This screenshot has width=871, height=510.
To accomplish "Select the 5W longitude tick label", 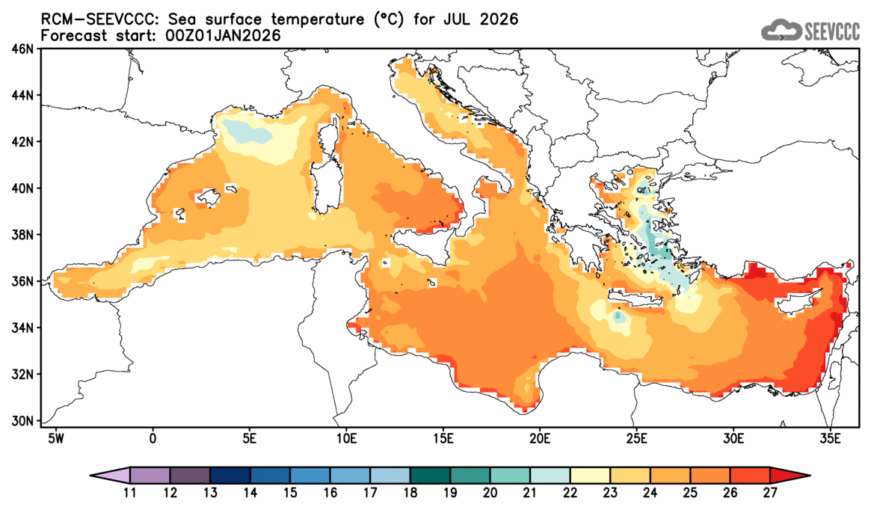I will pyautogui.click(x=55, y=436).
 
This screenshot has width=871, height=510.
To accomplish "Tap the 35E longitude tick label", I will pyautogui.click(x=829, y=436).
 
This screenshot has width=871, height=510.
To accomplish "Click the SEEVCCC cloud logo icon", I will pyautogui.click(x=781, y=30).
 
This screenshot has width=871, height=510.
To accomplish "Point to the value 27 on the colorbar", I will pyautogui.click(x=771, y=493).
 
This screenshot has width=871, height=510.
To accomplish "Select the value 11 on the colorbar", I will pyautogui.click(x=130, y=493).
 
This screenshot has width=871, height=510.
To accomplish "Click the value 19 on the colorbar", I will pyautogui.click(x=451, y=493).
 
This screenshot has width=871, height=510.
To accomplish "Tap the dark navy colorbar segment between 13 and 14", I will pyautogui.click(x=230, y=475).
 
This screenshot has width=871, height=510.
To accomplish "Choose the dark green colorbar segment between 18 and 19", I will pyautogui.click(x=431, y=475).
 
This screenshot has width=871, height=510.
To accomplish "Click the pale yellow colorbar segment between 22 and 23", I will pyautogui.click(x=591, y=475).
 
